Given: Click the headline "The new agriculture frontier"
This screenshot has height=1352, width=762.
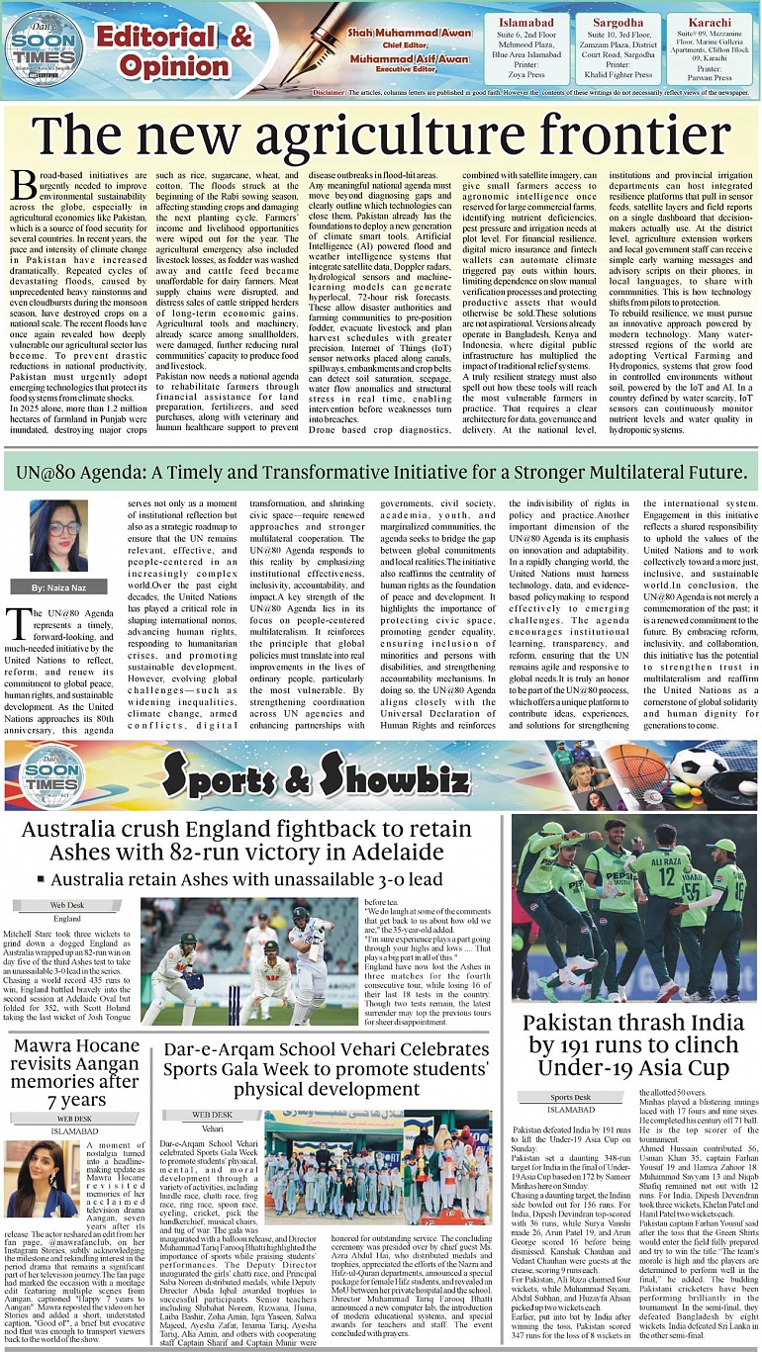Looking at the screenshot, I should (x=381, y=135).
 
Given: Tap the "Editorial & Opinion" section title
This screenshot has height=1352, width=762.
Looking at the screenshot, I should (x=174, y=51).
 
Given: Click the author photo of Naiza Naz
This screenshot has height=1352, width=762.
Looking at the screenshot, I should (x=58, y=537).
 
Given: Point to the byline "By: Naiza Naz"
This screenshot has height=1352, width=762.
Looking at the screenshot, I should (x=58, y=587).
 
